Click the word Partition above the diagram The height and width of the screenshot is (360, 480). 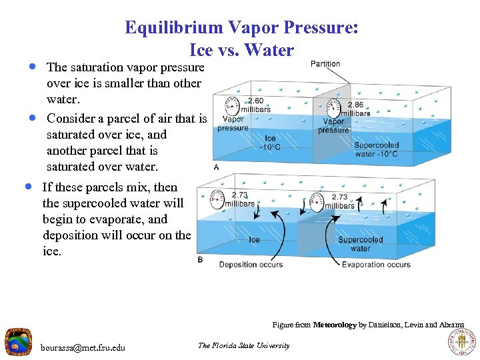pyautogui.click(x=325, y=64)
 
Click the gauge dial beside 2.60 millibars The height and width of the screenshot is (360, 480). pyautogui.click(x=231, y=105)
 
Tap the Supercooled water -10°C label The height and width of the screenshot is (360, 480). pyautogui.click(x=377, y=150)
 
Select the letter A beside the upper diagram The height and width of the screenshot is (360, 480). pyautogui.click(x=216, y=167)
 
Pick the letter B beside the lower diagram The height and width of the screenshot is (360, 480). pyautogui.click(x=200, y=259)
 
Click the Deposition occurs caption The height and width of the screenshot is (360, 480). pyautogui.click(x=251, y=265)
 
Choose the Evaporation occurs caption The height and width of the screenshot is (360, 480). pyautogui.click(x=376, y=265)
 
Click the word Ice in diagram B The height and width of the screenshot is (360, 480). pyautogui.click(x=254, y=239)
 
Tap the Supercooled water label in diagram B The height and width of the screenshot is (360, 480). pyautogui.click(x=361, y=244)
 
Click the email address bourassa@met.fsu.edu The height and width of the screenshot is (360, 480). pyautogui.click(x=83, y=347)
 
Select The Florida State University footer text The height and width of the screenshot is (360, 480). pyautogui.click(x=244, y=345)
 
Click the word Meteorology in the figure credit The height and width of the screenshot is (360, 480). pyautogui.click(x=335, y=325)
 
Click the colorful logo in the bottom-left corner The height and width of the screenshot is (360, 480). pyautogui.click(x=18, y=342)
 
